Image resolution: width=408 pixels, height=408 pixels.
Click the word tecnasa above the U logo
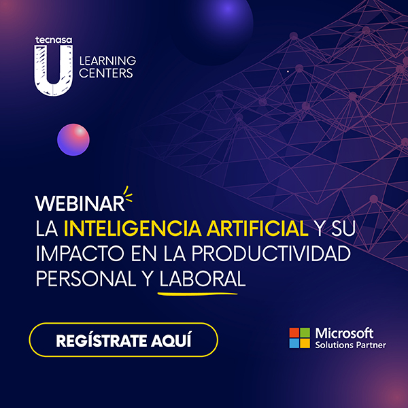pyautogui.click(x=54, y=40)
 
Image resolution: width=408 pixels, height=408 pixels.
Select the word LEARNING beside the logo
pyautogui.click(x=107, y=61)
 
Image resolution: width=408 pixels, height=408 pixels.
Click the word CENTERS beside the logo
pyautogui.click(x=106, y=73)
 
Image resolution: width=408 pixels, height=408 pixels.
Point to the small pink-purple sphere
pyautogui.click(x=73, y=139)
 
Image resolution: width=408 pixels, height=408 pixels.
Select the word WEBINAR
pyautogui.click(x=80, y=203)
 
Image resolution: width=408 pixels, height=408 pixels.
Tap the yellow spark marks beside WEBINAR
pyautogui.click(x=128, y=194)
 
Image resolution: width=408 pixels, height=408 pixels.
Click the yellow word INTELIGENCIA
pyautogui.click(x=133, y=228)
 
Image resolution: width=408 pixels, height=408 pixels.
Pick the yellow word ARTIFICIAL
pyautogui.click(x=258, y=228)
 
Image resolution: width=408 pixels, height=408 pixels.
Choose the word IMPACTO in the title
pyautogui.click(x=80, y=254)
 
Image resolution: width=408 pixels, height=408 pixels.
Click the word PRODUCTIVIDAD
pyautogui.click(x=271, y=254)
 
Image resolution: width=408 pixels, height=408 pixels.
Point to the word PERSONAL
pyautogui.click(x=86, y=279)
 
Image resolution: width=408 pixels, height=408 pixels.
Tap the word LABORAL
pyautogui.click(x=203, y=279)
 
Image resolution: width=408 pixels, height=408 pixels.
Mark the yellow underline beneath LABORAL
pyautogui.click(x=197, y=294)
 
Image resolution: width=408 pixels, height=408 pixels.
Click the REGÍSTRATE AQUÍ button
pyautogui.click(x=123, y=340)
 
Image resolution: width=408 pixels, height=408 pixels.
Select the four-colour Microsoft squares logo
pyautogui.click(x=300, y=338)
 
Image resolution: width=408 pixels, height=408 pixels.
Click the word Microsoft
pyautogui.click(x=344, y=333)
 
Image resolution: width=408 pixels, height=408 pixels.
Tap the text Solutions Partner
pyautogui.click(x=350, y=345)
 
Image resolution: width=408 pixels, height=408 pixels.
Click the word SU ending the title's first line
pyautogui.click(x=343, y=228)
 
